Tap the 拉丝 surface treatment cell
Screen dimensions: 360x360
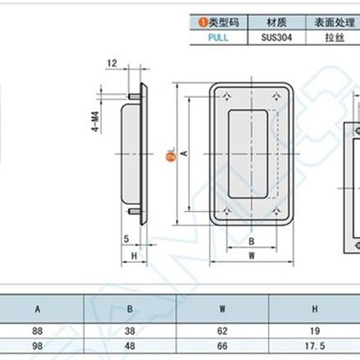pos(326,37)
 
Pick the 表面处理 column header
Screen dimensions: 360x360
pos(326,23)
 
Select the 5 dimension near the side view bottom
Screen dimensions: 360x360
pos(124,239)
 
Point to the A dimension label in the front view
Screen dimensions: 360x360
pos(184,152)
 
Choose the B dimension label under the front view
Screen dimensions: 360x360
pos(250,241)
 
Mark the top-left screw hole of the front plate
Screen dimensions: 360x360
pos(224,98)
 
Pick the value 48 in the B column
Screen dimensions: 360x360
pos(131,344)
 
